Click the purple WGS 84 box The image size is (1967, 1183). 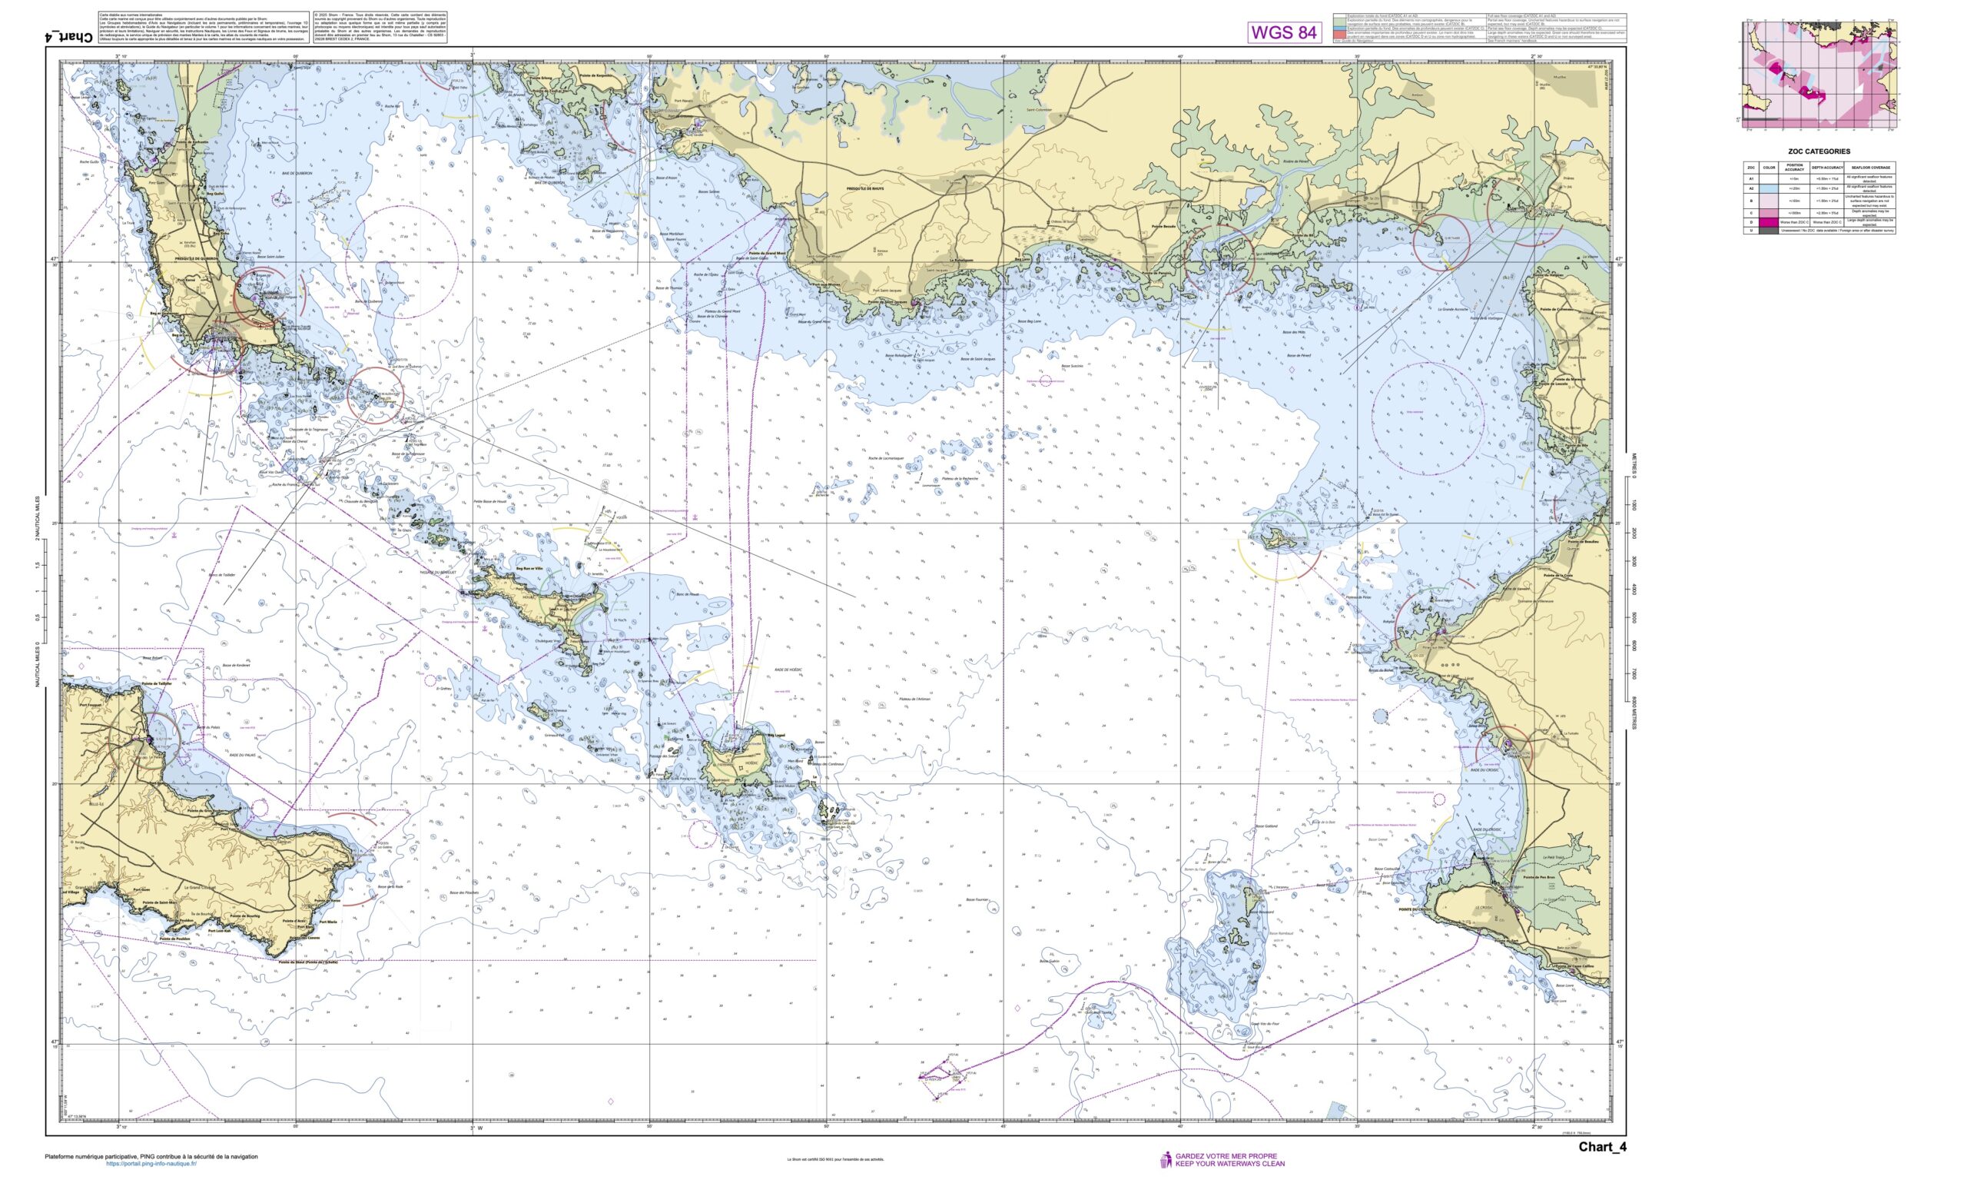[x=1283, y=32]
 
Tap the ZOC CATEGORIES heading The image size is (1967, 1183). [x=1818, y=151]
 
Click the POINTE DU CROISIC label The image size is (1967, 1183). [x=1414, y=909]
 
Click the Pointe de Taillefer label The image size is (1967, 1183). [x=157, y=684]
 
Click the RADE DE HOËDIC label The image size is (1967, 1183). [x=787, y=670]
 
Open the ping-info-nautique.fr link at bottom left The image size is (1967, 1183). [x=151, y=1163]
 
